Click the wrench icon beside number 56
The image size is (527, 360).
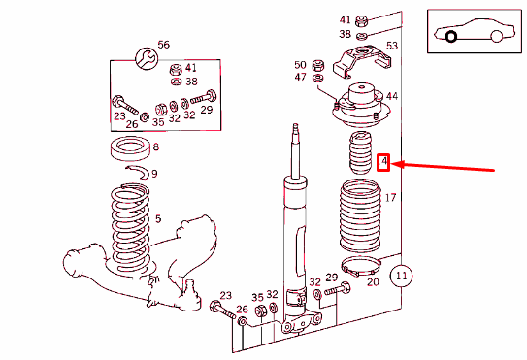[147, 58]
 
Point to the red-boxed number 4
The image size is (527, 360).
[383, 162]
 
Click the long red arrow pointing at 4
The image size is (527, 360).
[443, 167]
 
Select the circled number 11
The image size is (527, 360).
[401, 276]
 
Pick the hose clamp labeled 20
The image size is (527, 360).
[361, 265]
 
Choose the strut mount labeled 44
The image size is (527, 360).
[361, 106]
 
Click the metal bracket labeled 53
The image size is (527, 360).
[361, 61]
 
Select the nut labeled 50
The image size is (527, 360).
[318, 65]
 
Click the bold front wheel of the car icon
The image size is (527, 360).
[450, 36]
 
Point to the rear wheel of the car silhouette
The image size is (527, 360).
[496, 36]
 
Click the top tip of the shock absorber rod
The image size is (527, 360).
[295, 125]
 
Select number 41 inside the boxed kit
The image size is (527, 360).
[191, 68]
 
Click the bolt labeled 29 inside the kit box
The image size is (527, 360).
[204, 97]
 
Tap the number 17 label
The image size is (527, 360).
[390, 197]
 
